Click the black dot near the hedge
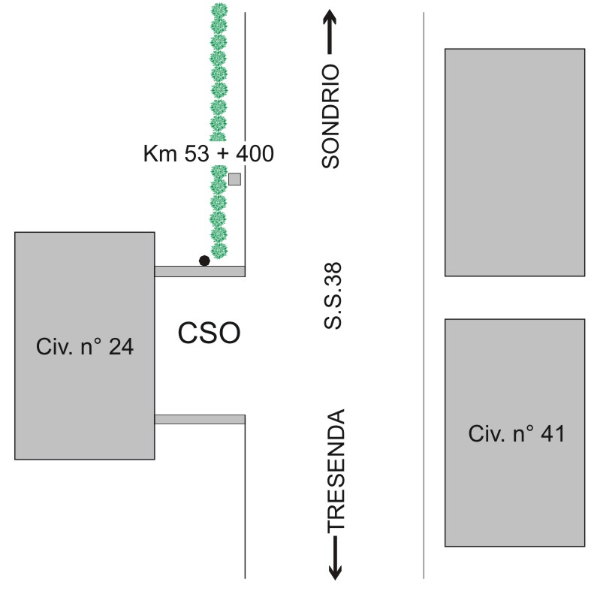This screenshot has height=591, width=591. [x=204, y=261]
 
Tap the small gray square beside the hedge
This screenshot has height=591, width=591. [x=234, y=179]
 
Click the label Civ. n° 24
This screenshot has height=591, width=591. [x=85, y=346]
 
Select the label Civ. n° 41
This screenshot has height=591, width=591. [x=517, y=433]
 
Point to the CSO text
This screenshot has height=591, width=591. [x=209, y=333]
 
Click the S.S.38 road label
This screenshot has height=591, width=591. [x=333, y=296]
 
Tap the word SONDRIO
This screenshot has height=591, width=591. [x=330, y=116]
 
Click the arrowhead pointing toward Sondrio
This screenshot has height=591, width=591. [x=330, y=18]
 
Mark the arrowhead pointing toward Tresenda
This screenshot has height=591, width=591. [x=335, y=571]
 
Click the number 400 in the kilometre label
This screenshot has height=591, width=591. [x=255, y=153]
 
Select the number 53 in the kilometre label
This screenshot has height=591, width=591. [x=196, y=153]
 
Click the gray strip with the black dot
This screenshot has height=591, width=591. [x=200, y=271]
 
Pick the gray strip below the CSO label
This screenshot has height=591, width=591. [x=200, y=419]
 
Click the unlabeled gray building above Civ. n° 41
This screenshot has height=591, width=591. [x=515, y=162]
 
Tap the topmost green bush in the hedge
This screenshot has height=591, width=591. [x=219, y=11]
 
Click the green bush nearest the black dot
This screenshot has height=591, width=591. [x=219, y=250]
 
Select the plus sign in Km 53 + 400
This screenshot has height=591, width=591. [x=222, y=154]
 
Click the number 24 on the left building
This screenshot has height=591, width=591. [x=121, y=346]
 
